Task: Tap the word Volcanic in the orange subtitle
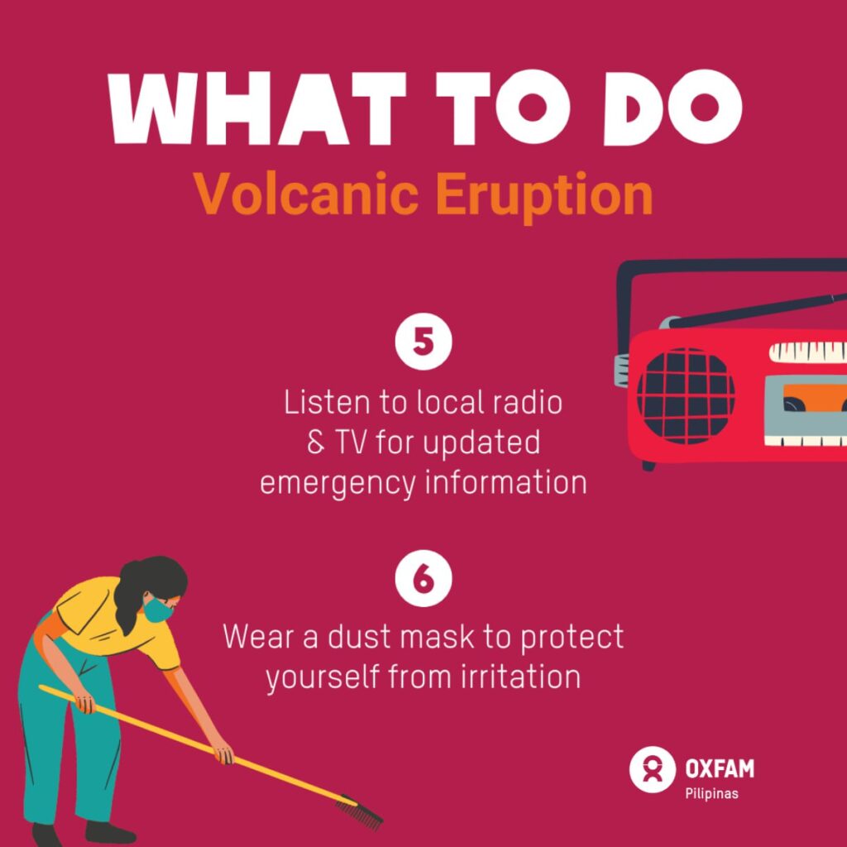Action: [x=307, y=193]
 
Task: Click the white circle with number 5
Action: [x=423, y=342]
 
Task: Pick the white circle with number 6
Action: [x=423, y=578]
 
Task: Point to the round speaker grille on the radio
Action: [x=686, y=396]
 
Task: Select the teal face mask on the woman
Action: [x=158, y=608]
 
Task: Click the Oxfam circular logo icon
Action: [x=652, y=770]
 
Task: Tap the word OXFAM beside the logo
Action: [x=720, y=768]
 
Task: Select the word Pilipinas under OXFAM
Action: [x=711, y=793]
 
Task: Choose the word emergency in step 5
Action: [x=337, y=483]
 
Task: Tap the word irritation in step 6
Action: [x=521, y=676]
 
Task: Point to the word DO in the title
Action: [x=672, y=108]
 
